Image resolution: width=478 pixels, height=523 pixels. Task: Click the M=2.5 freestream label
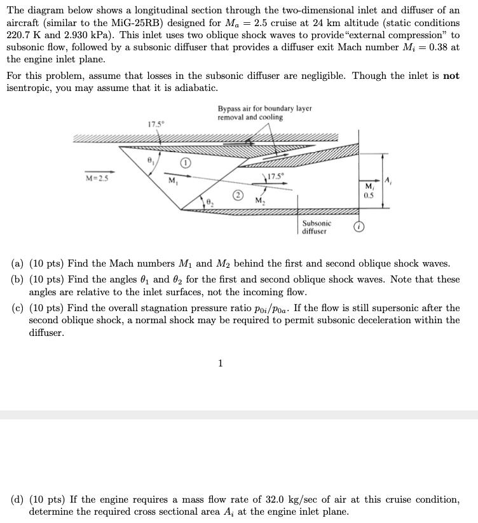(97, 178)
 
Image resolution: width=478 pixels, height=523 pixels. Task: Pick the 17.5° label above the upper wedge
(154, 123)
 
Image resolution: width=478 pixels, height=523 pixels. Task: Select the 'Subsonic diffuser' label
(317, 227)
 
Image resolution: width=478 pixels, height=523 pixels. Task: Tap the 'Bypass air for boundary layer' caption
(264, 109)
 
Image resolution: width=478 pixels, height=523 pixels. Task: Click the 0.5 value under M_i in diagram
(369, 195)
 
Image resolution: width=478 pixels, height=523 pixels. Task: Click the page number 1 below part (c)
(220, 364)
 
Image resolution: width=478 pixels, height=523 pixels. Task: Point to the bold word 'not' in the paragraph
(451, 76)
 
